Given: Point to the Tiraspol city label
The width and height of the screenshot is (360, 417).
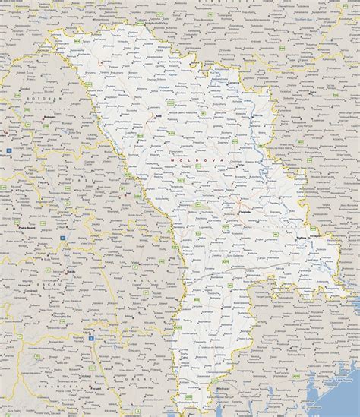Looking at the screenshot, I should click(x=317, y=241).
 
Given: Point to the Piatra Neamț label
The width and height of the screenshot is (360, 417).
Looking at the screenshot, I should click(x=28, y=225).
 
